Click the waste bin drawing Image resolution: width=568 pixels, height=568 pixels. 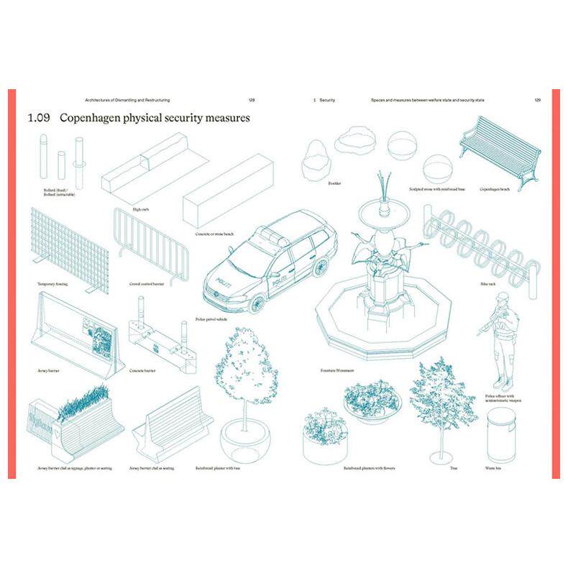(502, 433)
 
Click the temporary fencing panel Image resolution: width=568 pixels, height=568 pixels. (70, 249)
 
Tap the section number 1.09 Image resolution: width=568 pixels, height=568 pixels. (37, 117)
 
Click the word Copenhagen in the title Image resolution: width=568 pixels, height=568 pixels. (96, 117)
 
